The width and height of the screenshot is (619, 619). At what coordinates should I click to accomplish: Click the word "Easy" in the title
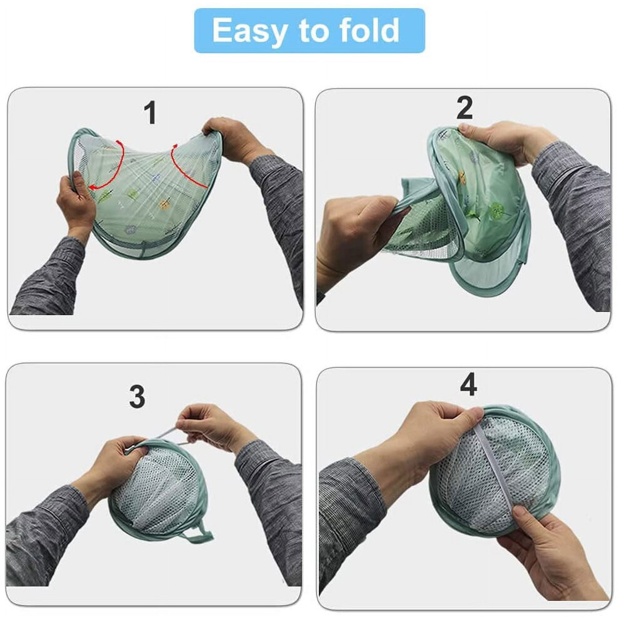(249, 31)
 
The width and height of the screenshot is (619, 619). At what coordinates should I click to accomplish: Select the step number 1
(151, 113)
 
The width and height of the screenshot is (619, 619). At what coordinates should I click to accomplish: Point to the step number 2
(464, 108)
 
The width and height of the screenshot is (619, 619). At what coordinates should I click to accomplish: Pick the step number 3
(137, 396)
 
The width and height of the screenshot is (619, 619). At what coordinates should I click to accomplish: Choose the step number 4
(468, 385)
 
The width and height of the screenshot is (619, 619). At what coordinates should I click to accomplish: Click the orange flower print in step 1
(164, 204)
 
